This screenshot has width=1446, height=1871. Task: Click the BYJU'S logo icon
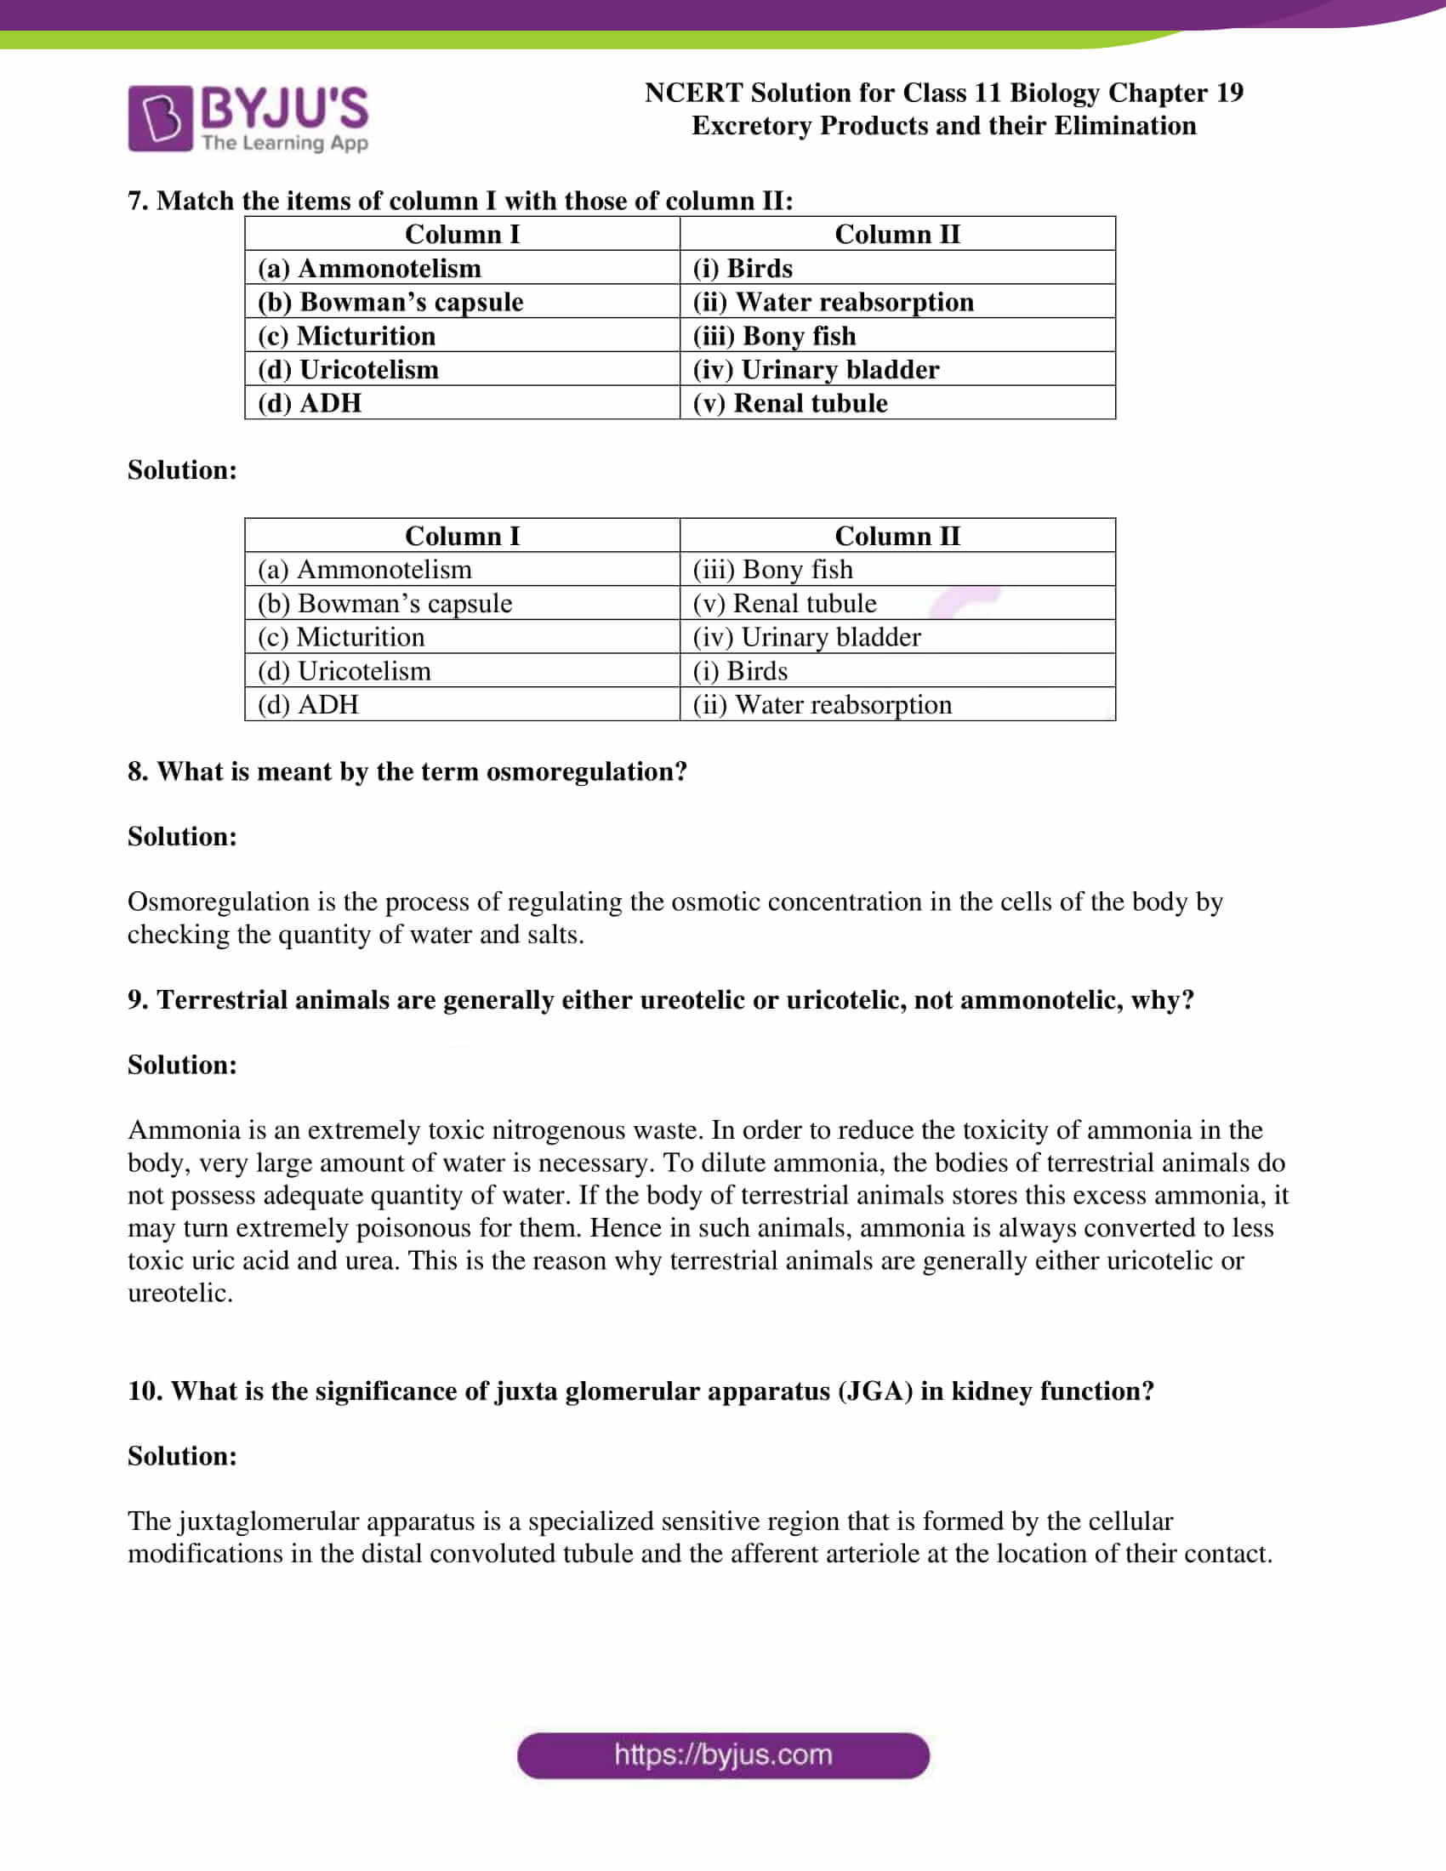tap(160, 118)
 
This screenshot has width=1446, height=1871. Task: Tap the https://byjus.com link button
tap(723, 1755)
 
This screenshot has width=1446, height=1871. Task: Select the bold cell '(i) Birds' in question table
tap(742, 268)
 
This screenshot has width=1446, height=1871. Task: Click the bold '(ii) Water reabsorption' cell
tap(833, 302)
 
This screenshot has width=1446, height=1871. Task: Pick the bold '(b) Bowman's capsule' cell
tap(390, 302)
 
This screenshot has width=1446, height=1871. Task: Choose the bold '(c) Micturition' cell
tap(346, 336)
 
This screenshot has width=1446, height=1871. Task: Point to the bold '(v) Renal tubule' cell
tap(790, 402)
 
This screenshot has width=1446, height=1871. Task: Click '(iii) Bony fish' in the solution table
tap(772, 569)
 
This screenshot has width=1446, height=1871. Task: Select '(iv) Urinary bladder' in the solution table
tap(806, 636)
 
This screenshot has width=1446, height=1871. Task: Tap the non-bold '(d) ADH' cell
tap(309, 704)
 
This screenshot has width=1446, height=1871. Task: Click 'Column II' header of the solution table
tap(897, 536)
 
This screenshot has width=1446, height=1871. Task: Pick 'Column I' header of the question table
tap(462, 234)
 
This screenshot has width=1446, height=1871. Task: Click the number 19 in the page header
tap(1229, 93)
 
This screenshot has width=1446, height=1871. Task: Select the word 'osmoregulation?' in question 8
tap(587, 772)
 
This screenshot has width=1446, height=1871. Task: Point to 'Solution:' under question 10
tap(183, 1455)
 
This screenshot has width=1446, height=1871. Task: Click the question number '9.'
tap(138, 1000)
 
